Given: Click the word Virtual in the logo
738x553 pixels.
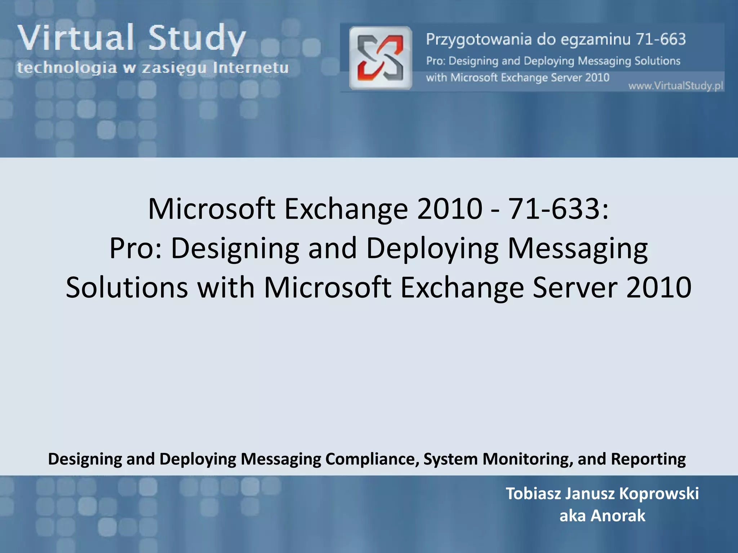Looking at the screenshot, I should pyautogui.click(x=76, y=38).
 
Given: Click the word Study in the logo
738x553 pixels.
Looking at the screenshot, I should pyautogui.click(x=197, y=39).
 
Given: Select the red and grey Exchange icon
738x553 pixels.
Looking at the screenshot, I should pyautogui.click(x=381, y=58).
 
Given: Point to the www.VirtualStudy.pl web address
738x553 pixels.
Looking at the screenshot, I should pyautogui.click(x=676, y=86).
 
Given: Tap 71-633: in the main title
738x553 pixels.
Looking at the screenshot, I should pyautogui.click(x=558, y=209).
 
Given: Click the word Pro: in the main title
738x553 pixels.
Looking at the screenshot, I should pyautogui.click(x=136, y=248).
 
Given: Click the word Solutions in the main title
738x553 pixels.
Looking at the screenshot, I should pyautogui.click(x=127, y=287).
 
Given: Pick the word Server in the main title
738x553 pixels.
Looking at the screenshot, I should pyautogui.click(x=575, y=287).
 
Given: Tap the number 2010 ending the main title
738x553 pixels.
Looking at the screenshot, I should pyautogui.click(x=659, y=287).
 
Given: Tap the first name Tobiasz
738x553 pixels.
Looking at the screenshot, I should pyautogui.click(x=533, y=494).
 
